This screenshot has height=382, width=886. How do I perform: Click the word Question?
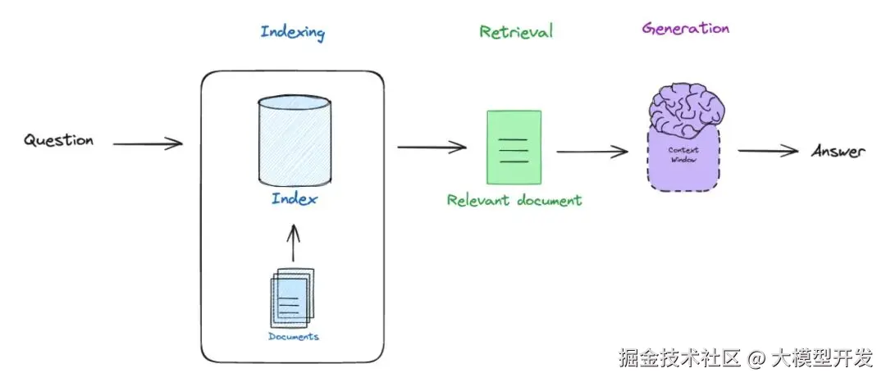[x=58, y=140]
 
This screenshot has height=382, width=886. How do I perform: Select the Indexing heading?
[x=293, y=33]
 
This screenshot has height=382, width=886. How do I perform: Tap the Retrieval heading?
[x=516, y=32]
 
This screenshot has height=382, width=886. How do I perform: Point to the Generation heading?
[x=686, y=28]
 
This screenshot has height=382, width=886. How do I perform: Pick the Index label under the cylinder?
[x=294, y=199]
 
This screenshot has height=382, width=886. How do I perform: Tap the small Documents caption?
[x=293, y=337]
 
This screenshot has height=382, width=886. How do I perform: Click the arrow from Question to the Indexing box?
[x=148, y=145]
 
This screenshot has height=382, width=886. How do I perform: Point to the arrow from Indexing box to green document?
[x=432, y=148]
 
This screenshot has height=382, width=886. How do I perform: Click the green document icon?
[x=514, y=148]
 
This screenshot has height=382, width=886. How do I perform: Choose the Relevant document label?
[x=514, y=200]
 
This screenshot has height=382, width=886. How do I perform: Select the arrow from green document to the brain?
[x=592, y=152]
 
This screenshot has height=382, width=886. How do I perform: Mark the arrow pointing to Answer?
[x=768, y=151]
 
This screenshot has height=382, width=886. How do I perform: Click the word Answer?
[x=838, y=152]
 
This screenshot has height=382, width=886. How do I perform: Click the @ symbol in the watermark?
[x=757, y=359]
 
